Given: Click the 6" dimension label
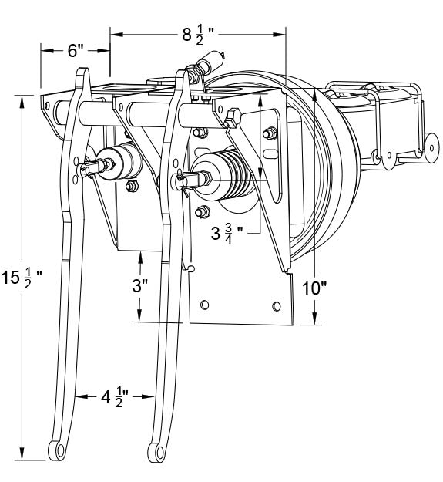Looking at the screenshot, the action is point(76,51).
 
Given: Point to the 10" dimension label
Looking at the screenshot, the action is point(314,288).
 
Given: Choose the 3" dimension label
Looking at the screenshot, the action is point(140,286).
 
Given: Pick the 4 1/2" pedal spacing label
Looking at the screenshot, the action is point(115,398).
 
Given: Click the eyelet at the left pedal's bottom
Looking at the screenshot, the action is point(57,450).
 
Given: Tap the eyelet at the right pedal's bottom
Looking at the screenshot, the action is point(156,452).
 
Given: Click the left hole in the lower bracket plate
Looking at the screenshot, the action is point(204,305).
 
